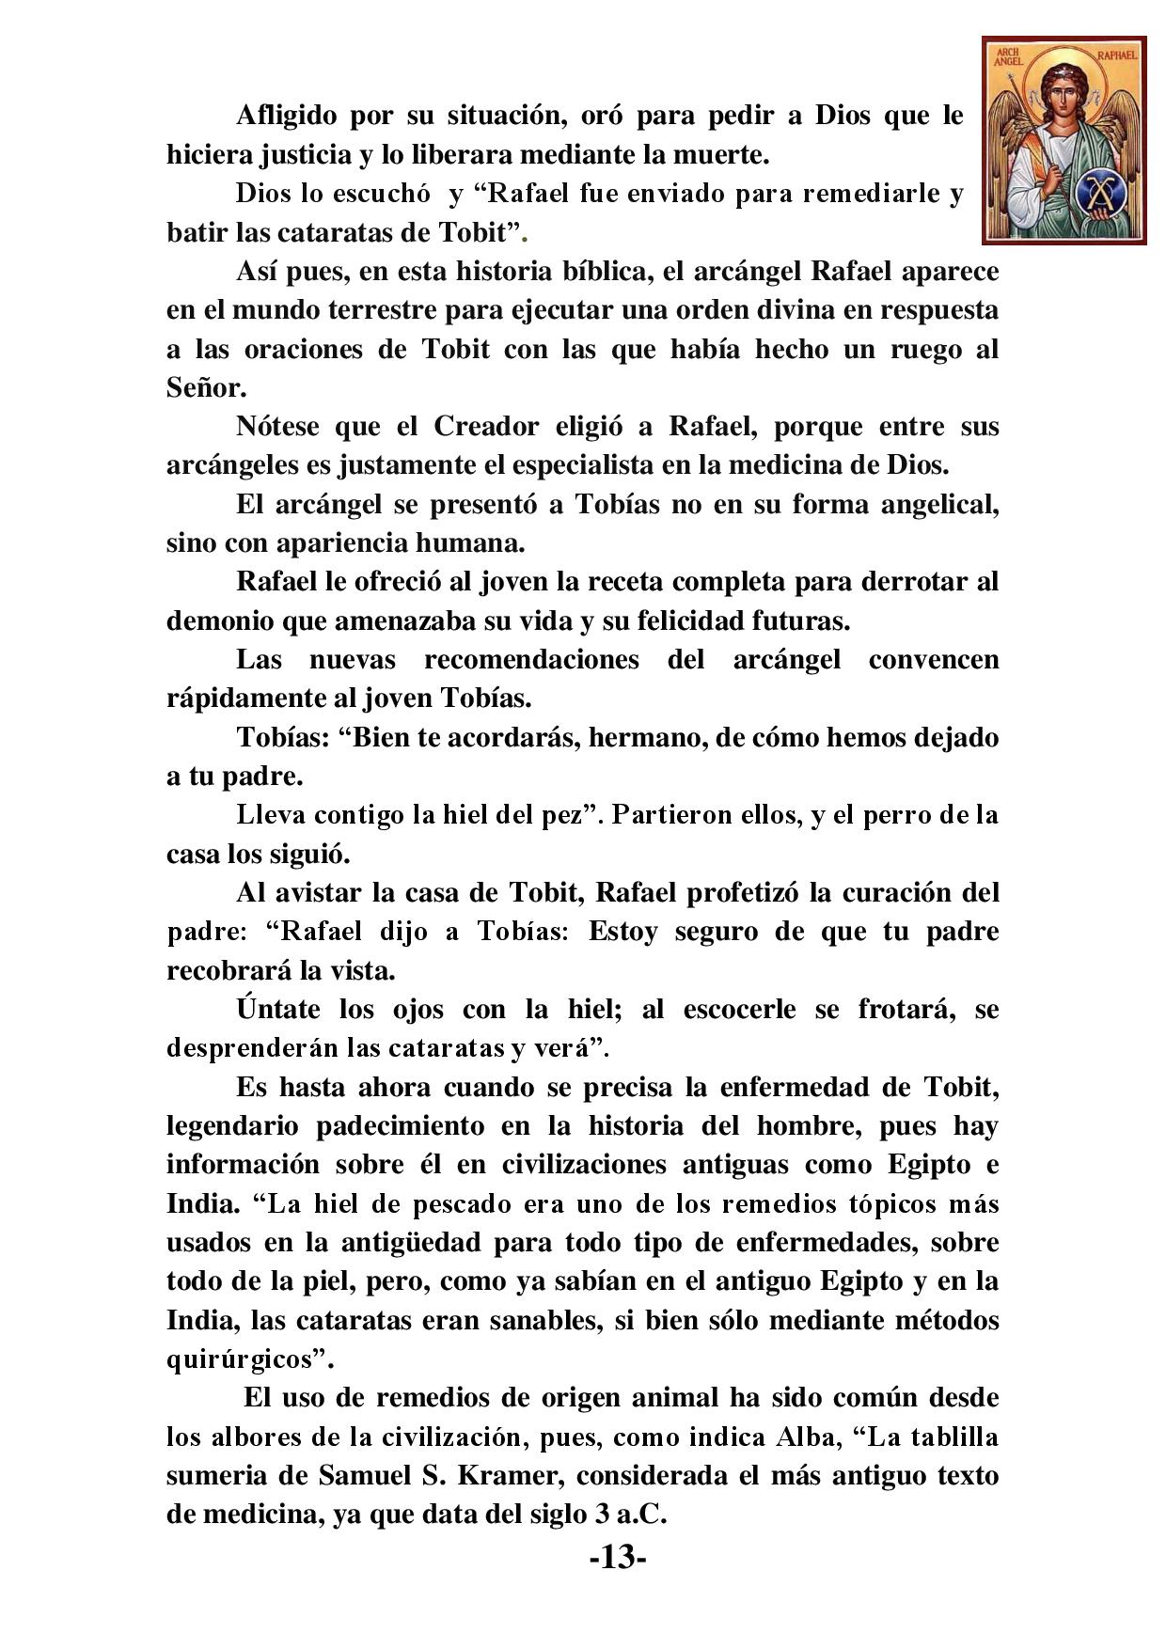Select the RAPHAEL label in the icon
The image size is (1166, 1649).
(1116, 55)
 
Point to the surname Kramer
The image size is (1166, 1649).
(506, 1476)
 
